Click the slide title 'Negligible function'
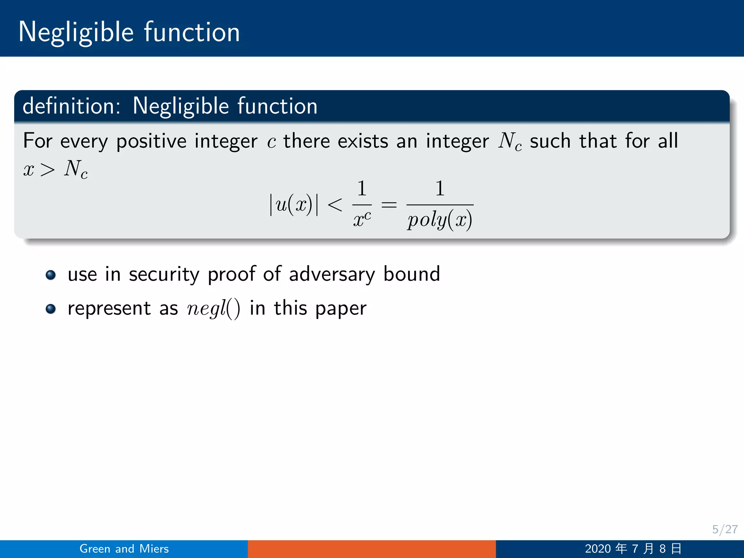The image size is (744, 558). [x=129, y=33]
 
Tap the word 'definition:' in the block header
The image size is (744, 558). [x=71, y=106]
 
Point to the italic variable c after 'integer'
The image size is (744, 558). [x=271, y=142]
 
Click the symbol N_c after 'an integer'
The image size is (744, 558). [x=510, y=141]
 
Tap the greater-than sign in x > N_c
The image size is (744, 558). [x=48, y=170]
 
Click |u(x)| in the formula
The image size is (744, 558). [x=294, y=205]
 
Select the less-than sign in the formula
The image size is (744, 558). [x=335, y=205]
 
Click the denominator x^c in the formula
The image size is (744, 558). [x=362, y=219]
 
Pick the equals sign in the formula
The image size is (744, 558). [x=389, y=205]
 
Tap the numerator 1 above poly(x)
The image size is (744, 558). [x=440, y=189]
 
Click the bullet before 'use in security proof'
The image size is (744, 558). [x=51, y=275]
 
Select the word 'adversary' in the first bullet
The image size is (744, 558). [x=332, y=274]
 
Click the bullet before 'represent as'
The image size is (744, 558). [x=51, y=309]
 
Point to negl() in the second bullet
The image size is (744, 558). [x=213, y=309]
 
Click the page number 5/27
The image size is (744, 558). [x=724, y=529]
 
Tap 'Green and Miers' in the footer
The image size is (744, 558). [x=124, y=549]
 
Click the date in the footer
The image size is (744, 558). [x=633, y=549]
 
